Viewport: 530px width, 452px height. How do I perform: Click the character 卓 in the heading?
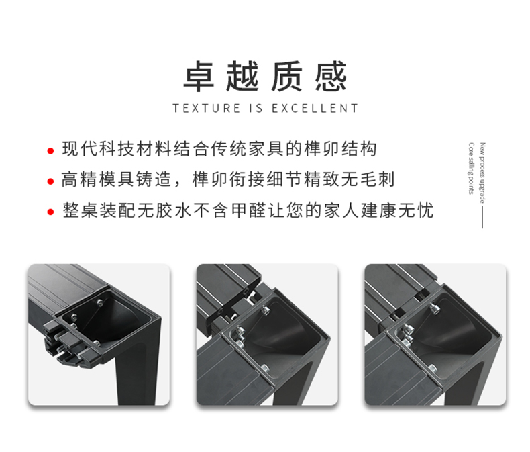coord(199,76)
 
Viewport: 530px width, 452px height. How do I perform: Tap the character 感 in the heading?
coord(331,76)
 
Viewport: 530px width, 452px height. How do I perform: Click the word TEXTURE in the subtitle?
coord(207,109)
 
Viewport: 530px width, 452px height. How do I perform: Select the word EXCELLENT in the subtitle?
coord(315,109)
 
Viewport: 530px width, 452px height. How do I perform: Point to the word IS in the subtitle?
coord(256,109)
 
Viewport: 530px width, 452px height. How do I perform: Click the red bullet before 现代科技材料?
coord(51,151)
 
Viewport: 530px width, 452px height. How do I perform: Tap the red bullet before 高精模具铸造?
coord(51,181)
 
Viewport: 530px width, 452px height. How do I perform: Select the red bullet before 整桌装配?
coord(51,212)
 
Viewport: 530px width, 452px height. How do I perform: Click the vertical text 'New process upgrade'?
coord(482,173)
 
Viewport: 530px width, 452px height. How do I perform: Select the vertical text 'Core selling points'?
coord(471,169)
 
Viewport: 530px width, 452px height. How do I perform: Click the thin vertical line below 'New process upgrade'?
coord(482,217)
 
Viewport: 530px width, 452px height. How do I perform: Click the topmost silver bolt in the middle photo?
coord(265,309)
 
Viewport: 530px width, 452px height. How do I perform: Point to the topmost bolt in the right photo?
coord(433,308)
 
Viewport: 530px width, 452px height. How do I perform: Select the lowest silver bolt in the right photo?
coord(432,369)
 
